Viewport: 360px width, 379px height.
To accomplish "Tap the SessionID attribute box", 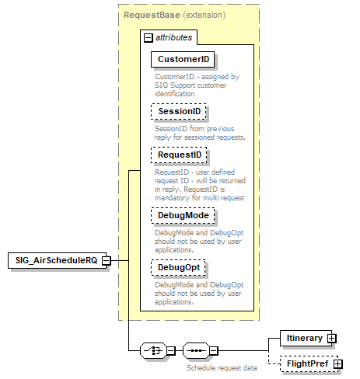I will tap(180, 112).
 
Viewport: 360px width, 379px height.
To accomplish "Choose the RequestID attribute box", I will tap(180, 155).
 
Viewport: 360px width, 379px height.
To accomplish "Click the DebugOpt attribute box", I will tap(180, 268).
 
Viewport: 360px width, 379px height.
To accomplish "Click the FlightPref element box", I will tap(306, 363).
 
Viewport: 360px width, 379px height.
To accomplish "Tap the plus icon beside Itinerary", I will tap(331, 338).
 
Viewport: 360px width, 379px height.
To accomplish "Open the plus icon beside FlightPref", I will tap(337, 363).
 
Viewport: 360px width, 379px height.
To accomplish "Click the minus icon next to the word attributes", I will tap(147, 37).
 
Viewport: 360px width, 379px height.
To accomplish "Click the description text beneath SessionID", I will tap(189, 133).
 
